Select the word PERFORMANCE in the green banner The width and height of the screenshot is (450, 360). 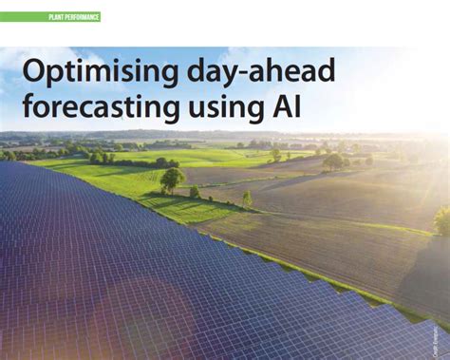coord(80,17)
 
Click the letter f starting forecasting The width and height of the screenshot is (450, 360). coord(28,105)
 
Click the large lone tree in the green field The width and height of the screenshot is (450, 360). coord(172,178)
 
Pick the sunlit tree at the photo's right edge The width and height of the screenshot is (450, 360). coord(442,219)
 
